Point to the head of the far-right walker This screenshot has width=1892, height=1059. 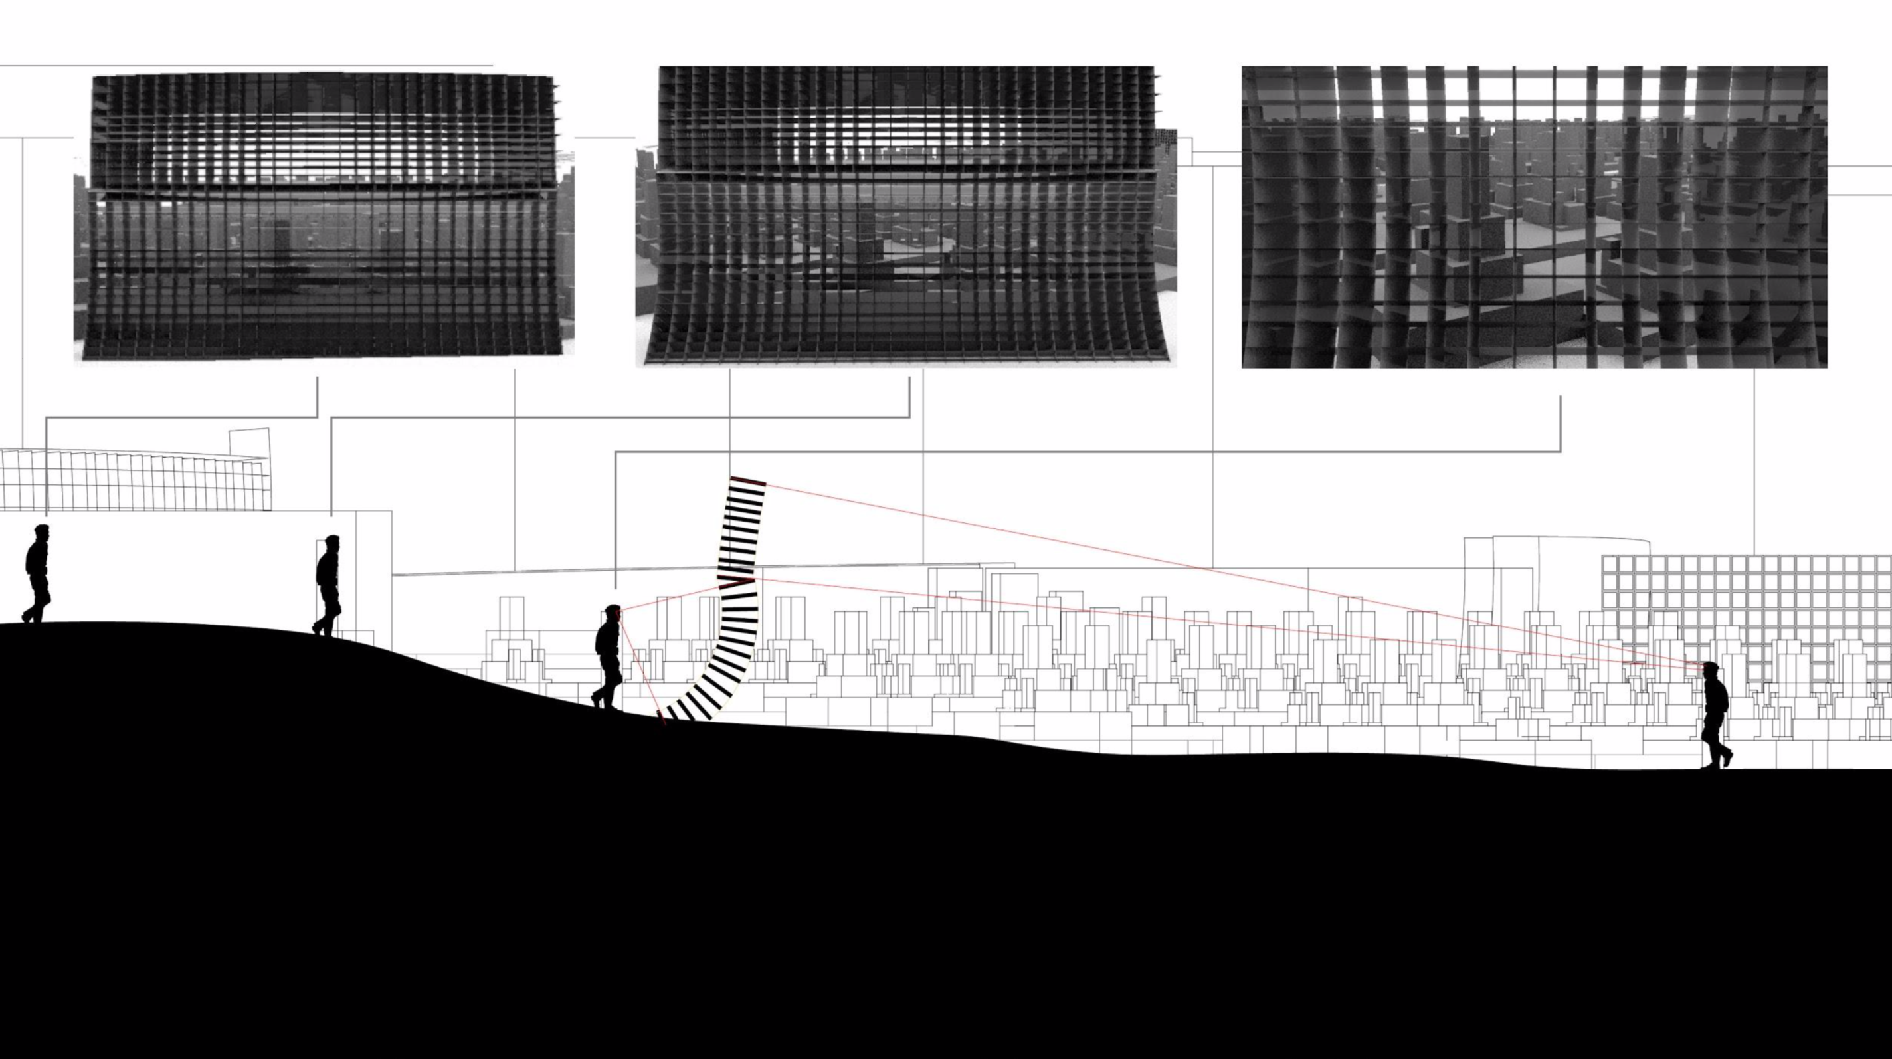point(1711,668)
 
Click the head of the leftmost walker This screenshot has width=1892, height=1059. point(42,531)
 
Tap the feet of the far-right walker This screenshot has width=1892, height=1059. point(1717,761)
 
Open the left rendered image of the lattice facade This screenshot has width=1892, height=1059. point(323,217)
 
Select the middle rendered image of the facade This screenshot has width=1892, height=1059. point(907,217)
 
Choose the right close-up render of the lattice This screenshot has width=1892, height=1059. point(1533,217)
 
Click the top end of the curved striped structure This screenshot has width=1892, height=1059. point(747,481)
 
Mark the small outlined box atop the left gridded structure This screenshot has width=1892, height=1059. point(250,442)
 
